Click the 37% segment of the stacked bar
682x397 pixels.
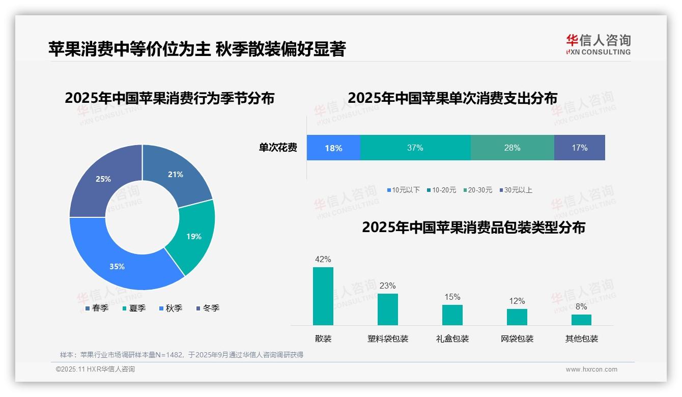[415, 148]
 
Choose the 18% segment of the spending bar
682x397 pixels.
[333, 148]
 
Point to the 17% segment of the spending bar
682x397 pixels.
[579, 148]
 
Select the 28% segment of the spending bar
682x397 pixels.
[512, 148]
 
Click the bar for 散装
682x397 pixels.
[323, 296]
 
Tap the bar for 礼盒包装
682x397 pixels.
[452, 315]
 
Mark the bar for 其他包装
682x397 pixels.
[581, 320]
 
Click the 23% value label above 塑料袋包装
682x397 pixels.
[387, 286]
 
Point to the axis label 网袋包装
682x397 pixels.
[517, 338]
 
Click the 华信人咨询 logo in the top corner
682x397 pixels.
[598, 44]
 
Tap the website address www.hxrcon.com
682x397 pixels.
[591, 370]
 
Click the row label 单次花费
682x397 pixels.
[278, 148]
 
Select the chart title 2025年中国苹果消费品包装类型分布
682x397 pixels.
[473, 227]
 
